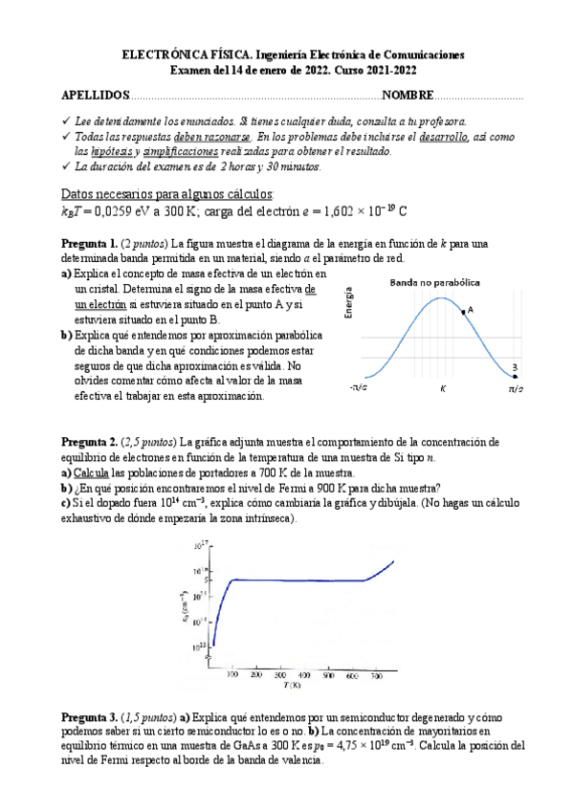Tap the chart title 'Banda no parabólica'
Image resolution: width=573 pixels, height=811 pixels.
coord(435,282)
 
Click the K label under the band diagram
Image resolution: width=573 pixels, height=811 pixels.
coord(443,389)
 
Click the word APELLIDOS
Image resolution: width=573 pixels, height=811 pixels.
coord(95,96)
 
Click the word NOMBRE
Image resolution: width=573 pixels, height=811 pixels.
coord(408,96)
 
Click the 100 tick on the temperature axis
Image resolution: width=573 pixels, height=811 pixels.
coord(231,675)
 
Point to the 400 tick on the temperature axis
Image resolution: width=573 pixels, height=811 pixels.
coord(304,675)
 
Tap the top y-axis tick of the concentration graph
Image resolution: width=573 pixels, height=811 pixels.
coord(202,546)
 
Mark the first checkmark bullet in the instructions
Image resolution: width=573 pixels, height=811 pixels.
coord(64,121)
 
